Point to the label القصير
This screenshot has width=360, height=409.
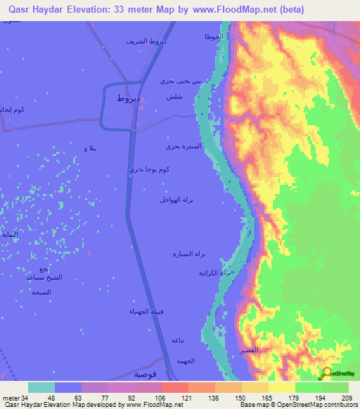tap(248, 349)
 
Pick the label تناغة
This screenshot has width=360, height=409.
tap(179, 340)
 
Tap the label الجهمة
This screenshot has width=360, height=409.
tap(185, 361)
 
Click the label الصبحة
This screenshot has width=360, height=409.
tap(41, 292)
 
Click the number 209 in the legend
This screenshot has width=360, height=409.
tap(344, 397)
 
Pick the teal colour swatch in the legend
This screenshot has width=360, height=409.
tap(41, 387)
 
